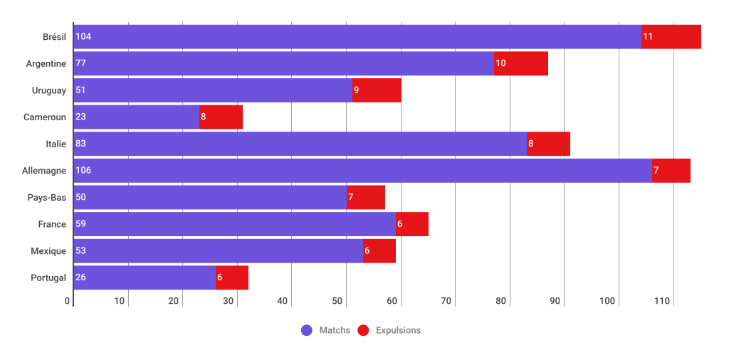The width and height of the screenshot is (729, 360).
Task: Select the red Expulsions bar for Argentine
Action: pyautogui.click(x=521, y=63)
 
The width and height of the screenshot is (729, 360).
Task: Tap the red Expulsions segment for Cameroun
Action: pyautogui.click(x=221, y=117)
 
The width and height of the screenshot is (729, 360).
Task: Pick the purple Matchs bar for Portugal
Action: pyautogui.click(x=145, y=277)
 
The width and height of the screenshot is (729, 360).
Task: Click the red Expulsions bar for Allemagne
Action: pyautogui.click(x=671, y=171)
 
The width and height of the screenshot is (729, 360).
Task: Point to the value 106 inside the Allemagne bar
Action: pyautogui.click(x=83, y=171)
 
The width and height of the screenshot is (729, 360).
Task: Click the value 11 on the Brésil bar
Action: pyautogui.click(x=648, y=37)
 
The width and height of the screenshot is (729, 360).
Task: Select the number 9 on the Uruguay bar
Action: pyautogui.click(x=357, y=90)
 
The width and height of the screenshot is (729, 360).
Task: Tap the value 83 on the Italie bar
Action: pyautogui.click(x=80, y=144)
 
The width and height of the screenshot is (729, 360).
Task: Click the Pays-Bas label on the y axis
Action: pyautogui.click(x=47, y=197)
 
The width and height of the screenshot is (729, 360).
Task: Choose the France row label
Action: pyautogui.click(x=52, y=224)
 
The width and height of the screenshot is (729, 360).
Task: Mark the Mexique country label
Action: pyautogui.click(x=48, y=251)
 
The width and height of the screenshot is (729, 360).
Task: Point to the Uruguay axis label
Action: pyautogui.click(x=49, y=90)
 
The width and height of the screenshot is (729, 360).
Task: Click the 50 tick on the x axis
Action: pyautogui.click(x=337, y=301)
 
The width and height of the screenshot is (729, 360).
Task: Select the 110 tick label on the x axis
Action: pyautogui.click(x=663, y=301)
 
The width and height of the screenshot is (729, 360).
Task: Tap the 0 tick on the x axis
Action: pyautogui.click(x=68, y=301)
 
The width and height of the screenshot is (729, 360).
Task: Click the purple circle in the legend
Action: pyautogui.click(x=307, y=330)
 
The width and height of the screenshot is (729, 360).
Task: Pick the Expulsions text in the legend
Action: pyautogui.click(x=398, y=330)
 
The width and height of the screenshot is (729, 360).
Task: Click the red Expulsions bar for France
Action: pyautogui.click(x=411, y=224)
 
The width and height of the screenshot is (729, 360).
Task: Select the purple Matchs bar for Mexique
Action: pyautogui.click(x=218, y=251)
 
